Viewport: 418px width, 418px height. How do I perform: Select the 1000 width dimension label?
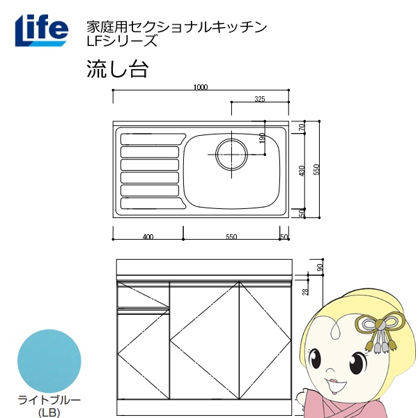(201, 87)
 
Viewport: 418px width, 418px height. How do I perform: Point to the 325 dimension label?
(259, 100)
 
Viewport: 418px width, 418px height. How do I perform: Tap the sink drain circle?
(231, 154)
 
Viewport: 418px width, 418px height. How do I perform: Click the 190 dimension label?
(262, 139)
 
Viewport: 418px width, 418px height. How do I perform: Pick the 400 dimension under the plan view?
(148, 238)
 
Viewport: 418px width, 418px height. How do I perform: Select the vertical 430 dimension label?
(302, 172)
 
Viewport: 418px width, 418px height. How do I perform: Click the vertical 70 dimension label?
(302, 127)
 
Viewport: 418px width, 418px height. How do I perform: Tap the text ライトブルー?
(48, 400)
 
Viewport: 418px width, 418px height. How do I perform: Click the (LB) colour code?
(48, 412)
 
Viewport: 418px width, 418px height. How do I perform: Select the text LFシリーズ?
(119, 41)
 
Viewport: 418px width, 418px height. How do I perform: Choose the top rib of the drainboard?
(150, 137)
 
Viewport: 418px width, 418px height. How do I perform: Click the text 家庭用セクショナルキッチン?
(175, 26)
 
